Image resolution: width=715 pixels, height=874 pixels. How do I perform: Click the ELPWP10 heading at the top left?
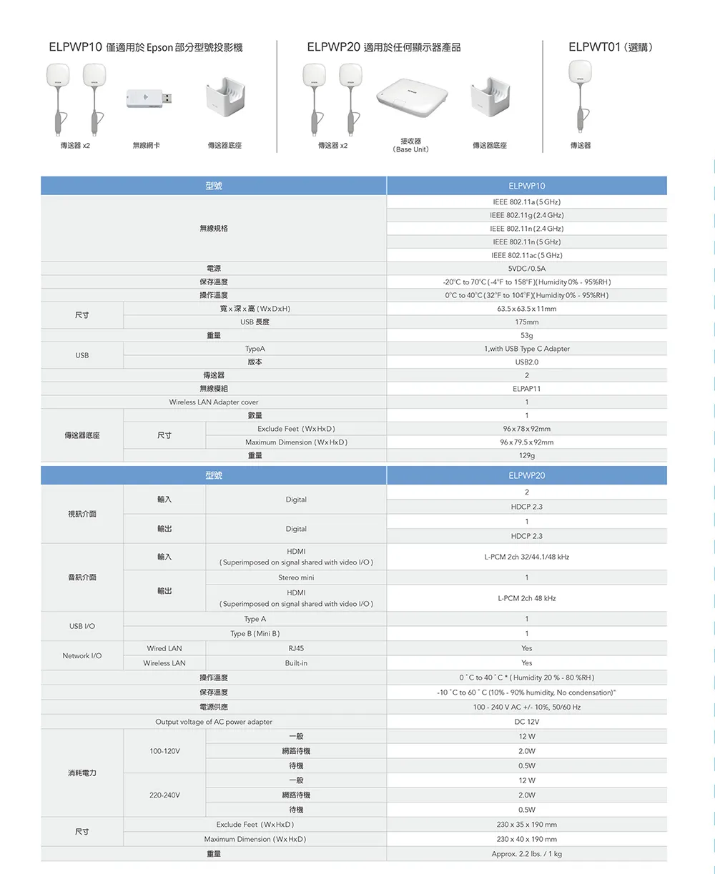coord(146,48)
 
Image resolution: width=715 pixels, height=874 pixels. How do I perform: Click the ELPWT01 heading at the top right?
coord(610,48)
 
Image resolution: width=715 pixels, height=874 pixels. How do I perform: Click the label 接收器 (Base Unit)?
coord(411,145)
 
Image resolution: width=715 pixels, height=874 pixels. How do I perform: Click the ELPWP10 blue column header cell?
coord(526,186)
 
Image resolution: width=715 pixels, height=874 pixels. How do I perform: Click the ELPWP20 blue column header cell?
coord(526,475)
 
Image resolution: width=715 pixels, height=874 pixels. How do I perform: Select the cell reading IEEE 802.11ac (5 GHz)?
coord(526,255)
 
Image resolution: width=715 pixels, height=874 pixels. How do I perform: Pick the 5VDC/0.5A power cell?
coord(526,269)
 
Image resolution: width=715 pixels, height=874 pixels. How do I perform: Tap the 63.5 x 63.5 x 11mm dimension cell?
coord(526,309)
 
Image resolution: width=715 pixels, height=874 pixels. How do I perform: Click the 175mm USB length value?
coord(526,322)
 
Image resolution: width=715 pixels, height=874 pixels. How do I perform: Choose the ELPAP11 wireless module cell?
coord(526,389)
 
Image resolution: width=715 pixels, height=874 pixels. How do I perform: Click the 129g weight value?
coord(526,455)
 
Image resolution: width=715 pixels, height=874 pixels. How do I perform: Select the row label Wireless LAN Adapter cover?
coord(214,402)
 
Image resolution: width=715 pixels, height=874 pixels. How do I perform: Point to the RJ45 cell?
coord(296,648)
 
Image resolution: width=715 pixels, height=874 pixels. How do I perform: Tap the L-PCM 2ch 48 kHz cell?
coord(526,598)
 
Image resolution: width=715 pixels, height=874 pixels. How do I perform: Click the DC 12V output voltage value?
coord(526,722)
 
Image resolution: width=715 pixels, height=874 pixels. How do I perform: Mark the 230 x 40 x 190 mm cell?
coord(526,839)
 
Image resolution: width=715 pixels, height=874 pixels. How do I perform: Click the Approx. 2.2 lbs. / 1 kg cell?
coord(526,854)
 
